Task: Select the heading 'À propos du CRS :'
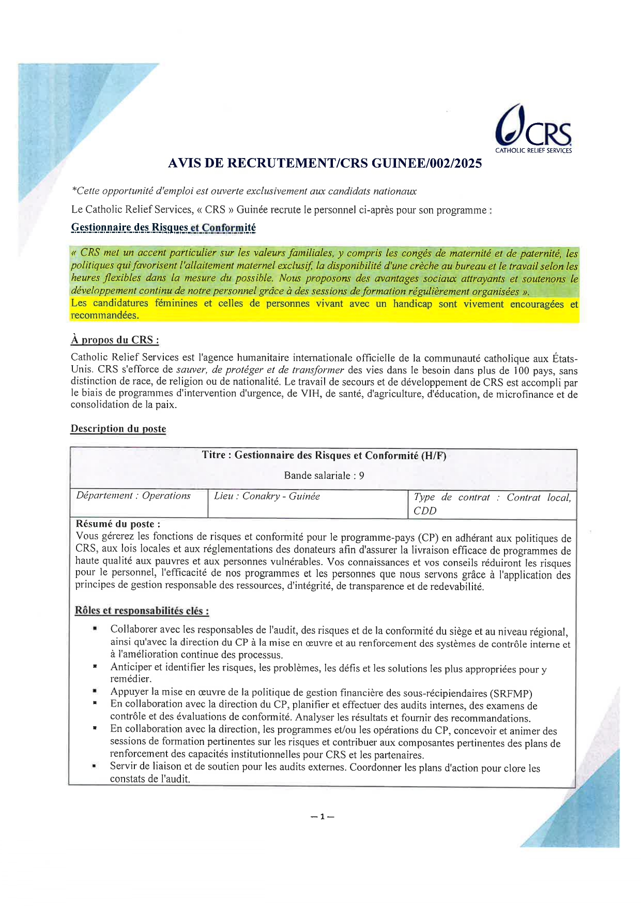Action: (114, 340)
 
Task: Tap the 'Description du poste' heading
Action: (118, 429)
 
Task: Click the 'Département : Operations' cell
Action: (133, 496)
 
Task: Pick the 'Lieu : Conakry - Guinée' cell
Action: (267, 496)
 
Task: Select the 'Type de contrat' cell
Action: (492, 504)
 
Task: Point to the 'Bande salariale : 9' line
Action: (324, 476)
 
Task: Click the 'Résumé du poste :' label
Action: (118, 524)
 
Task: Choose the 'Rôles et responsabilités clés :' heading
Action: (142, 611)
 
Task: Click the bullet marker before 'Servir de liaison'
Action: (95, 767)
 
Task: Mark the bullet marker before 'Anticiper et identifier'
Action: (95, 667)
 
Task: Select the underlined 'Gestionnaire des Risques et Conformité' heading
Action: (163, 228)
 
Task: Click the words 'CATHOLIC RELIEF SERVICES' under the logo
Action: (533, 151)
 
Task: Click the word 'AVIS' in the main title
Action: (184, 164)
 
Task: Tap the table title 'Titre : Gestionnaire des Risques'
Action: (324, 456)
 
